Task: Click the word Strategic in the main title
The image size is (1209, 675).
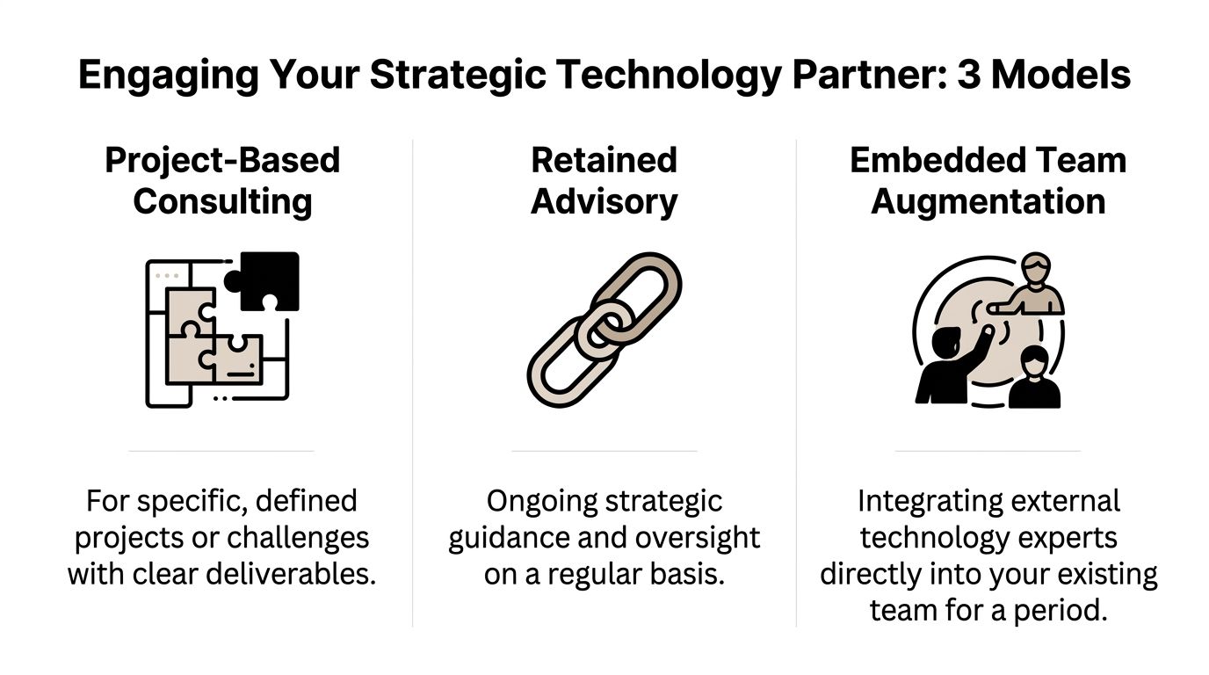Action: point(459,74)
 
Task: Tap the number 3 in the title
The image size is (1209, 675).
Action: point(969,74)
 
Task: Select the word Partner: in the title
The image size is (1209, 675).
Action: point(870,74)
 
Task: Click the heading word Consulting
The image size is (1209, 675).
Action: point(222,202)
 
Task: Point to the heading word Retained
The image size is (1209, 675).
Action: point(604,160)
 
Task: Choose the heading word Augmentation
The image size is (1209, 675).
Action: point(988,202)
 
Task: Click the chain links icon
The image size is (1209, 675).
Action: point(604,330)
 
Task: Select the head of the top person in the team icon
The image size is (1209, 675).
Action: point(1036,268)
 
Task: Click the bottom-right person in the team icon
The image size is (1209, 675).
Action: point(1035,377)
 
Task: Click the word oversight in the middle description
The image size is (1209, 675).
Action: point(698,538)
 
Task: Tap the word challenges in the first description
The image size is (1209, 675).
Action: point(298,538)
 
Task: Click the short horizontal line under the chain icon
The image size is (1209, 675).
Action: point(604,451)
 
